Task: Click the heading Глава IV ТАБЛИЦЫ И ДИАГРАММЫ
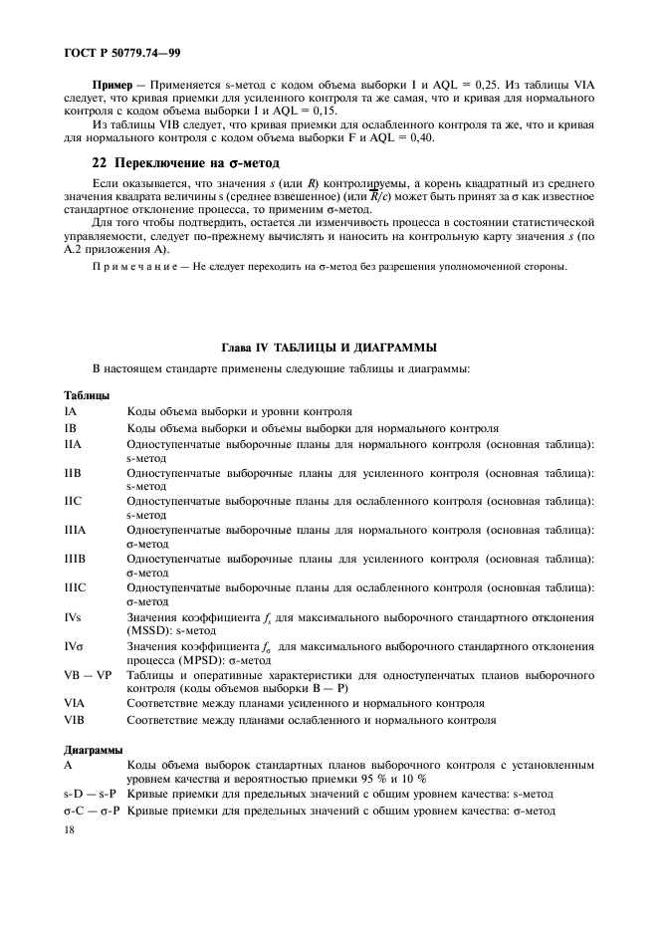pos(329,348)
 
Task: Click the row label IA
pos(71,410)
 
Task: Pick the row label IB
pos(71,427)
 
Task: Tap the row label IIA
pos(73,443)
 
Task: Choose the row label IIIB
pos(75,559)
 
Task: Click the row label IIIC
pos(76,587)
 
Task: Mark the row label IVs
pos(74,617)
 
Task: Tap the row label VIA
pos(75,703)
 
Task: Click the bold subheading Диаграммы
pos(94,750)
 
